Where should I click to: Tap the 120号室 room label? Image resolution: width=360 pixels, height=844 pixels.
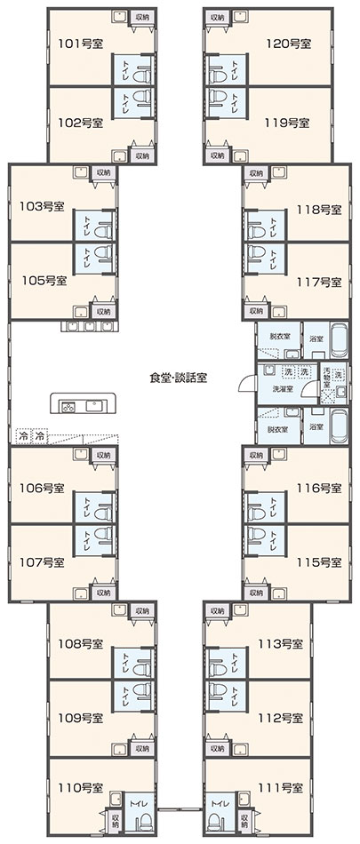click(289, 44)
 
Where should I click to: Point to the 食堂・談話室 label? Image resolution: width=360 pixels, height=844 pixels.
click(179, 378)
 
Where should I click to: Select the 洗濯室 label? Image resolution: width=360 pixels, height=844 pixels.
click(283, 389)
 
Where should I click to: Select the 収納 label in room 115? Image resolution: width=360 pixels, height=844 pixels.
click(257, 592)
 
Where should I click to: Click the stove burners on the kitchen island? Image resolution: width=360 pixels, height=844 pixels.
click(68, 407)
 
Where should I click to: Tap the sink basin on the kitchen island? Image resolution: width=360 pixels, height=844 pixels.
click(93, 404)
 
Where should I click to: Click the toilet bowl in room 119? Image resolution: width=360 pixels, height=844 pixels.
click(218, 97)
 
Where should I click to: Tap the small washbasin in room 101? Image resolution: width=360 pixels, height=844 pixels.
click(119, 17)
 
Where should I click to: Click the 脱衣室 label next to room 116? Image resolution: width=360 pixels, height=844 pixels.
click(278, 429)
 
